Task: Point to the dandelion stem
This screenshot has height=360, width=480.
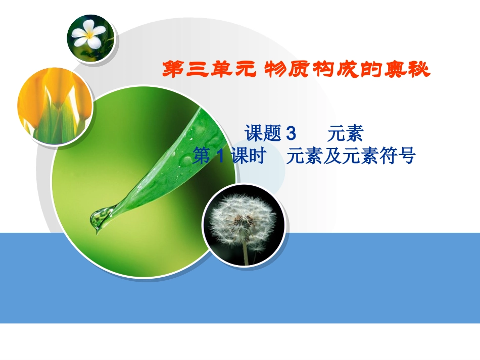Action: pyautogui.click(x=246, y=250)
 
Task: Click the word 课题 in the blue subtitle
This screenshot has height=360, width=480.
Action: pyautogui.click(x=263, y=134)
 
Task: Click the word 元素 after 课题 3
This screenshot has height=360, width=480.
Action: pyautogui.click(x=346, y=134)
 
